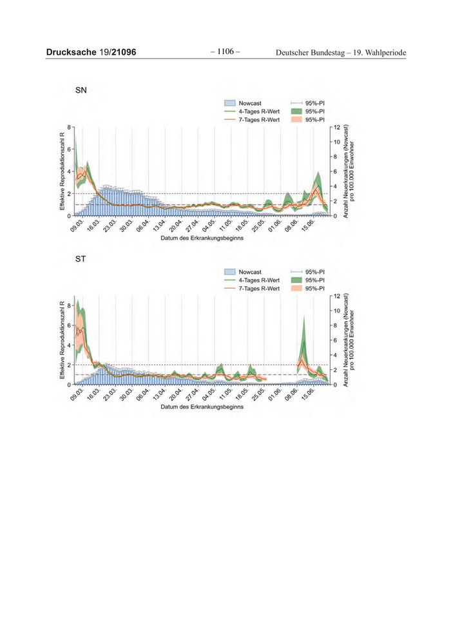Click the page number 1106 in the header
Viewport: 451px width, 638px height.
(225, 52)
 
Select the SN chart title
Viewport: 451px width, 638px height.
(81, 92)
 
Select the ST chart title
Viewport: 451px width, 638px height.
(81, 260)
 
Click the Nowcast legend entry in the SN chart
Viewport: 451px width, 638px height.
(249, 103)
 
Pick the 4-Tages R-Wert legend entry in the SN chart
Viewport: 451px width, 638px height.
(258, 111)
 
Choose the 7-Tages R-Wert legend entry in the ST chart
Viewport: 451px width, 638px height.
(258, 289)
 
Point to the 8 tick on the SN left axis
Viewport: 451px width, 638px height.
(68, 128)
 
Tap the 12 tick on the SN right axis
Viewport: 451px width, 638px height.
(336, 128)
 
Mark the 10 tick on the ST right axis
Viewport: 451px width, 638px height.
(336, 311)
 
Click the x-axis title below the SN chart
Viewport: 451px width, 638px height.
(202, 238)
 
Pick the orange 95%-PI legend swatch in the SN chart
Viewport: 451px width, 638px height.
(297, 120)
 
